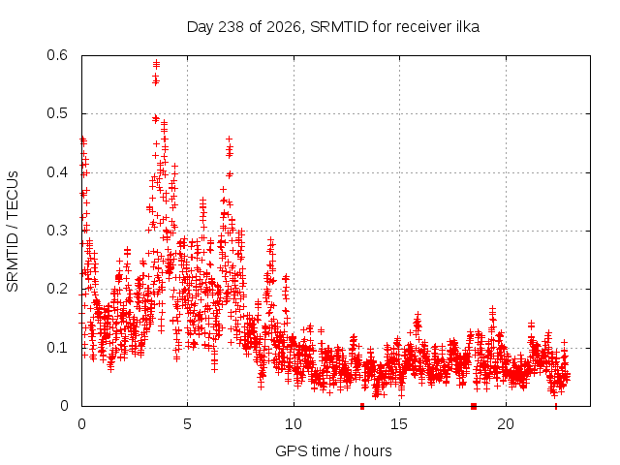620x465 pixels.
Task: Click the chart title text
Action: (333, 27)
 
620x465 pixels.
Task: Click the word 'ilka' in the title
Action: (467, 26)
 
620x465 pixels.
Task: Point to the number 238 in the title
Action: (232, 27)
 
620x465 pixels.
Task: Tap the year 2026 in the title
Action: (283, 27)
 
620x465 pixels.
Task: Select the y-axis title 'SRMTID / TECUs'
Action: (13, 232)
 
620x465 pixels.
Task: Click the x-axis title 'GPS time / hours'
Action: (333, 450)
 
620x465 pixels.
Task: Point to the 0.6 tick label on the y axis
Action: (57, 55)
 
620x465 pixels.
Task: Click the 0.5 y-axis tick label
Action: (57, 113)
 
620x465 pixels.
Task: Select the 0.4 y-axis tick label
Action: (57, 172)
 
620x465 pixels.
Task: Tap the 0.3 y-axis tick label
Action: (57, 231)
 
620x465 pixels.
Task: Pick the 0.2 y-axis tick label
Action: (57, 289)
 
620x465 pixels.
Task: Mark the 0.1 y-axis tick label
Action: (57, 348)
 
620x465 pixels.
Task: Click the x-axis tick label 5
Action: (187, 424)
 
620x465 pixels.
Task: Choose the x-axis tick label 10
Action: (293, 424)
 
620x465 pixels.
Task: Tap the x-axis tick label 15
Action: (399, 424)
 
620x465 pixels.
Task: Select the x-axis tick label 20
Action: (506, 424)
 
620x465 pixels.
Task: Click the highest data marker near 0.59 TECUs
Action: (156, 62)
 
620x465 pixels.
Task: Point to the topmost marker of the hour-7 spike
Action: (229, 139)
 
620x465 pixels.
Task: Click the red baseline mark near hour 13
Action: (362, 406)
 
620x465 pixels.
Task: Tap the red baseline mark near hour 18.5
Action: (474, 406)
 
